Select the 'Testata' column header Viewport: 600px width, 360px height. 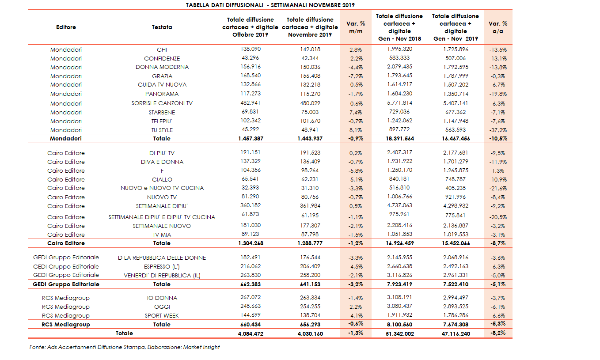point(162,27)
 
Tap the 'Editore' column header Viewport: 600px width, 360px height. point(66,27)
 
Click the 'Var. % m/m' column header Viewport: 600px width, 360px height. point(356,27)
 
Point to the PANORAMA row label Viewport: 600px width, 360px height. point(162,94)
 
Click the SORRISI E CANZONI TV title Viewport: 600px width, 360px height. point(162,103)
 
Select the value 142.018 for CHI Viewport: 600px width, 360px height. point(309,49)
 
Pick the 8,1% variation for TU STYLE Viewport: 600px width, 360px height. point(356,130)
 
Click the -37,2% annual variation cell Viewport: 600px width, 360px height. point(498,130)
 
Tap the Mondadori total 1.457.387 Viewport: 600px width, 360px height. point(250,139)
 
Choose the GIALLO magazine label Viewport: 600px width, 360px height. point(162,180)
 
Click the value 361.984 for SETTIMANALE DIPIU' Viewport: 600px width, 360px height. point(309,206)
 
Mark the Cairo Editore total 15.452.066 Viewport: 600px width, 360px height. point(456,243)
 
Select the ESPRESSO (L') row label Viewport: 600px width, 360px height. point(162,267)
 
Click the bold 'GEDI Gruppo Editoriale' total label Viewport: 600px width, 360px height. point(66,284)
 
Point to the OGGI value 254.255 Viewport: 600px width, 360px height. point(309,307)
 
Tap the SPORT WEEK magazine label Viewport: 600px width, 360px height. point(162,316)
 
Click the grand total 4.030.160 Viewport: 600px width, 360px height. point(309,334)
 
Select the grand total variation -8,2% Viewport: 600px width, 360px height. point(498,333)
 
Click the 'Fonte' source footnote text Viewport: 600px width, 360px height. point(125,347)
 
